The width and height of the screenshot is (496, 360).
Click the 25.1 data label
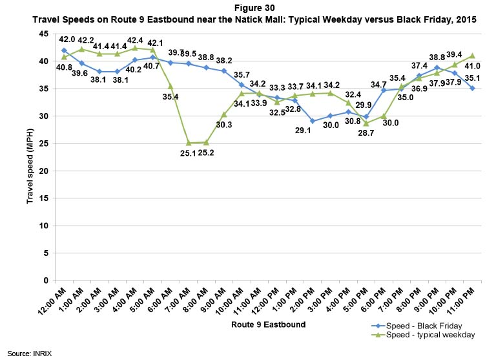[189, 154]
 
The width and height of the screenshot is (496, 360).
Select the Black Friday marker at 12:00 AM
[64, 50]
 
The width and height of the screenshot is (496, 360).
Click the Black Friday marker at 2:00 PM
[311, 121]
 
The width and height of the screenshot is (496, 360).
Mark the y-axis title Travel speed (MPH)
[30, 157]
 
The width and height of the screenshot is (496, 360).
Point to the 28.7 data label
[367, 133]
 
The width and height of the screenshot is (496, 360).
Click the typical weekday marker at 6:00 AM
[170, 86]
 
